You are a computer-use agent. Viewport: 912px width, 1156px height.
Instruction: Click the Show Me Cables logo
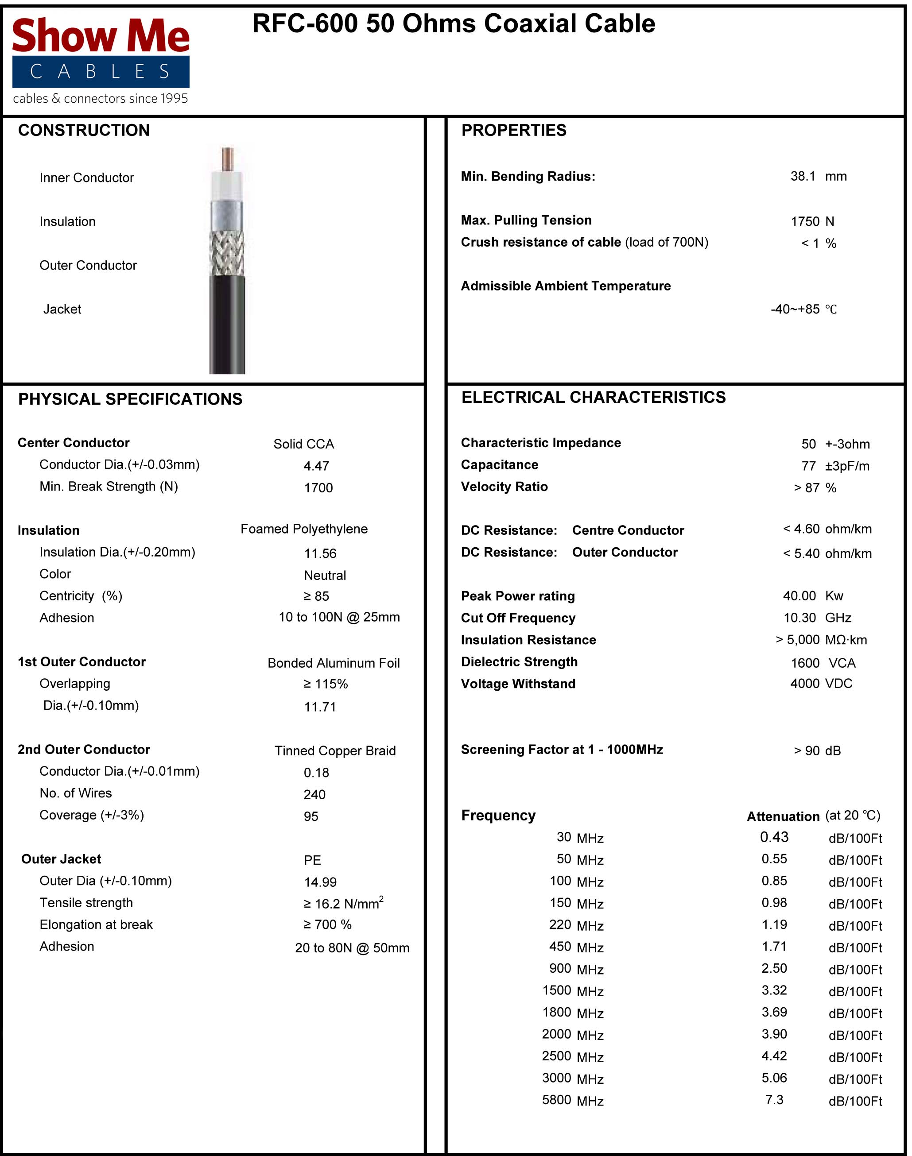pos(101,59)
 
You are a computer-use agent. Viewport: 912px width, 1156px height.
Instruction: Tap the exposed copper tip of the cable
pos(228,159)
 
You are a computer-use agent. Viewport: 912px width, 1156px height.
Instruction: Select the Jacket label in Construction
pos(62,309)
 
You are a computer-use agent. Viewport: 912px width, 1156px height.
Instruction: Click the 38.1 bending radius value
pos(803,177)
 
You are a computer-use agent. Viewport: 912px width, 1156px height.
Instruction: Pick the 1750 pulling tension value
pos(805,221)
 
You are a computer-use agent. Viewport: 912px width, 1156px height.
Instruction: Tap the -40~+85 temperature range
pos(795,309)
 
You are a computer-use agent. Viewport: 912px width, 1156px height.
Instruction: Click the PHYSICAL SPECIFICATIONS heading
pos(130,399)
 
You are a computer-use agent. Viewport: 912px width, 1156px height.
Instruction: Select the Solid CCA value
pos(303,444)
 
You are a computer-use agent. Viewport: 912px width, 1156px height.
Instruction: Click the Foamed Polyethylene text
pos(304,529)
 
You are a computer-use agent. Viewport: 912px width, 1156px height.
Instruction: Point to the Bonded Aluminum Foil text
pos(333,663)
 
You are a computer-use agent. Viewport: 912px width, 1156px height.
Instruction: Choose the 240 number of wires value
pos(314,795)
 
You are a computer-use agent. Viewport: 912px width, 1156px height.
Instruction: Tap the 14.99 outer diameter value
pos(320,882)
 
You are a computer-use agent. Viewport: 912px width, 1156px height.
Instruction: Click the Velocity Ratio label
pos(504,487)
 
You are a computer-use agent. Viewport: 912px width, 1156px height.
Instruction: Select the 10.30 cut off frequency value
pos(799,618)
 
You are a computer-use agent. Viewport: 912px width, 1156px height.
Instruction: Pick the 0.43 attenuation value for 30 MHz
pos(774,837)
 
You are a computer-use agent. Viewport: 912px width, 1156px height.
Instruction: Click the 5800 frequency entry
pos(556,1100)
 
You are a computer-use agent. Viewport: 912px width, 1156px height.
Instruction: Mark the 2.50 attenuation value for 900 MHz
pos(774,969)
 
